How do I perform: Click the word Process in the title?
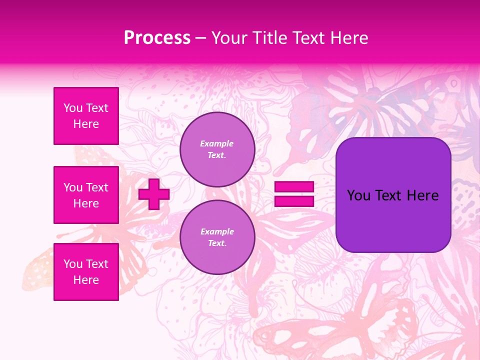[157, 38]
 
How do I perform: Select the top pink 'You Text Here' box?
[86, 116]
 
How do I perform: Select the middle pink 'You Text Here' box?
[86, 195]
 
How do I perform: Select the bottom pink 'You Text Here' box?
[86, 271]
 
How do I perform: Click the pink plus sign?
[153, 194]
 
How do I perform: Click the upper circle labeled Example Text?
[217, 149]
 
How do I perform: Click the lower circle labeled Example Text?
[217, 237]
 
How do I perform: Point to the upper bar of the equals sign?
[294, 186]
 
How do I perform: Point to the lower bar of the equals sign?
[294, 201]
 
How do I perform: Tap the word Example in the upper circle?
[217, 143]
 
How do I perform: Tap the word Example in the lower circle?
[217, 231]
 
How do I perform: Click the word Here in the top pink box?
[86, 124]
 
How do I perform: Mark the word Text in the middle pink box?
[96, 187]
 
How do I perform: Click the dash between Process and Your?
[200, 38]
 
